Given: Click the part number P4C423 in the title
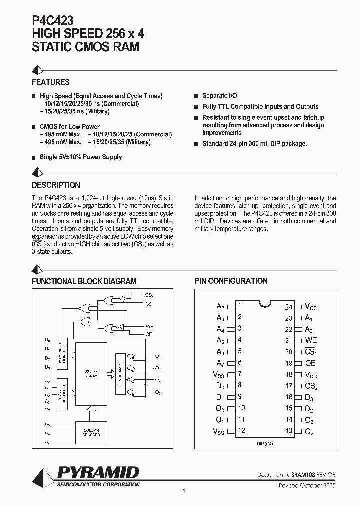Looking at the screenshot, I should point(53,20).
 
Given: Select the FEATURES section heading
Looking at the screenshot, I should point(51,82).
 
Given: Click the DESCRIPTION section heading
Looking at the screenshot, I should point(56,185).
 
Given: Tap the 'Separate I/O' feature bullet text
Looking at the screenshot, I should point(219,95).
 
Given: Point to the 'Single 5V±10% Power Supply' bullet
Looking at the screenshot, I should point(80,157).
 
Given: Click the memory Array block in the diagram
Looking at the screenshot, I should point(91,374).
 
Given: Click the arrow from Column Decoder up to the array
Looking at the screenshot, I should point(91,413).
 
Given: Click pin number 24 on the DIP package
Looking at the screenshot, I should point(289,307).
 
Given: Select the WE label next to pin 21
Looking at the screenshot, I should point(311,340).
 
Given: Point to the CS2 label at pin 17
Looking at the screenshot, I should point(311,386).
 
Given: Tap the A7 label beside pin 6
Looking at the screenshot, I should point(220,363).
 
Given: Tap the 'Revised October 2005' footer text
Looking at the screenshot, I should point(307,485).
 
